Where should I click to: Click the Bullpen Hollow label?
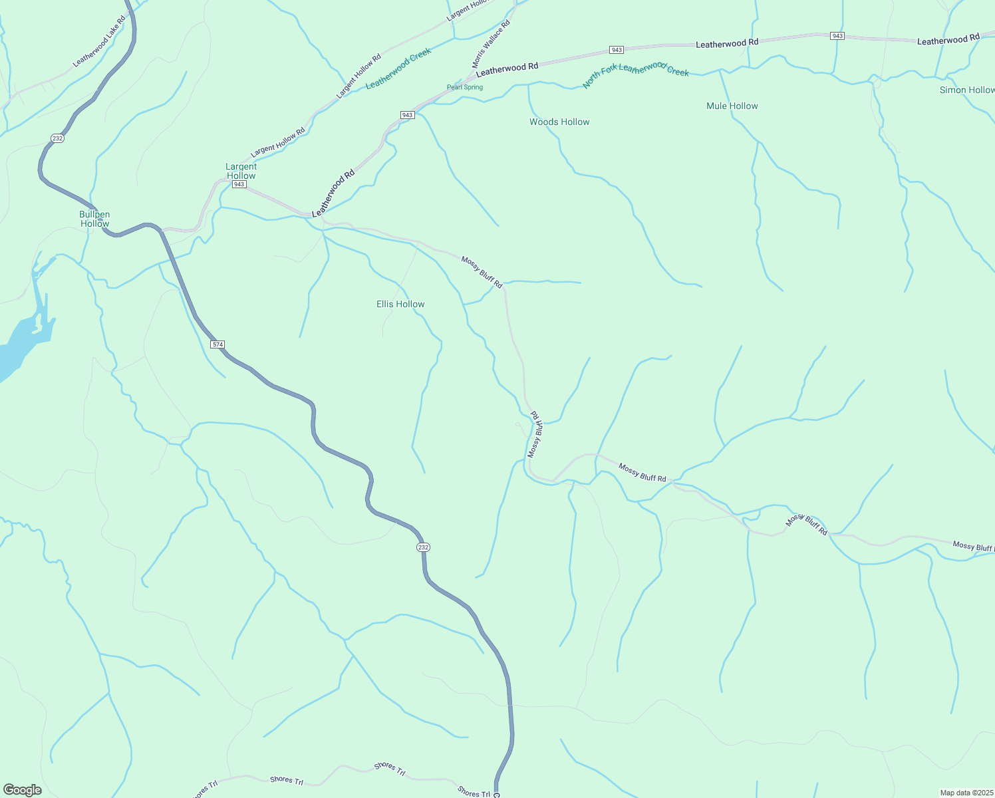94,219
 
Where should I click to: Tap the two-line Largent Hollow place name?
241,171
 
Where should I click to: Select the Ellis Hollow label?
400,304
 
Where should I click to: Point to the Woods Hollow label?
559,122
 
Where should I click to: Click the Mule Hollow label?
732,106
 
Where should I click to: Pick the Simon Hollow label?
966,90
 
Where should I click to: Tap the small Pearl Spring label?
465,87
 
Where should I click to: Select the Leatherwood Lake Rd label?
99,41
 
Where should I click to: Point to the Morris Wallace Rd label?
491,44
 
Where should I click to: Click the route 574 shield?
217,344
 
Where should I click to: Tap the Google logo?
23,790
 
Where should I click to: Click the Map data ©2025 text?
966,793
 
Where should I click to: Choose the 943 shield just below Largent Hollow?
239,184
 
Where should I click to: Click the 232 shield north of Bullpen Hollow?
57,138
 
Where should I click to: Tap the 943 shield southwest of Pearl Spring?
408,115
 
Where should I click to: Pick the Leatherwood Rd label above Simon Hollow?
948,40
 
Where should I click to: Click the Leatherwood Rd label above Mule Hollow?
727,43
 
